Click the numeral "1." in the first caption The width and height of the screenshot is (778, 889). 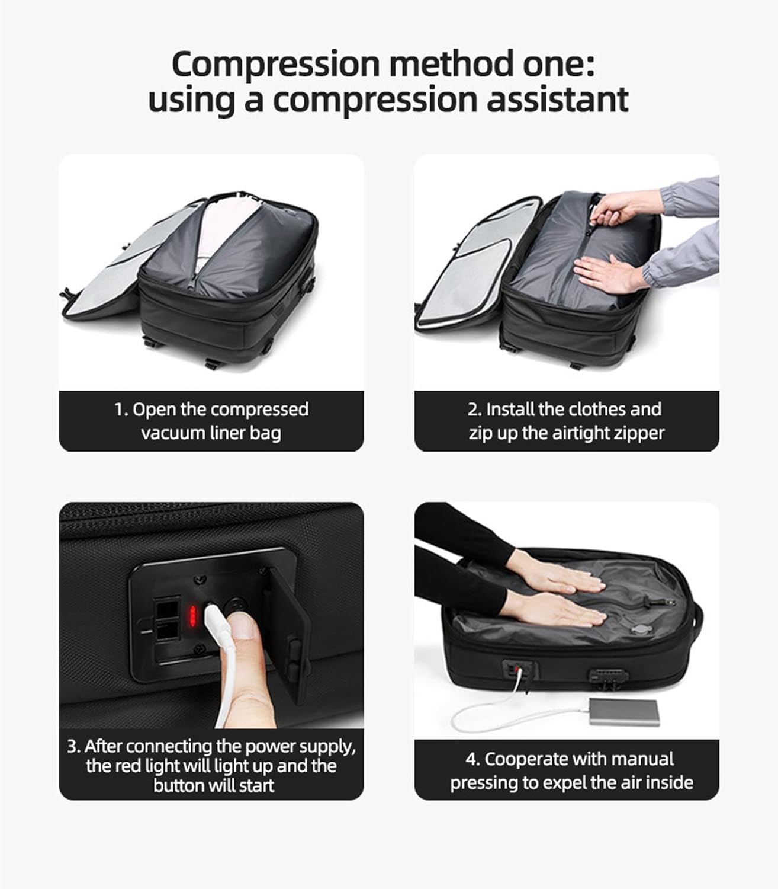[121, 410]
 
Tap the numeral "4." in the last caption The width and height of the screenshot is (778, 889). [472, 759]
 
